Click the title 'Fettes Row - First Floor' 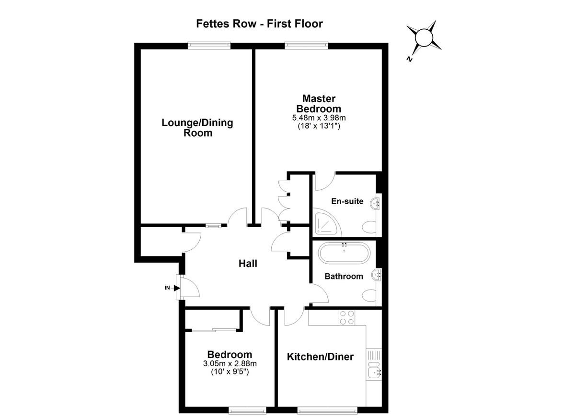[259, 24]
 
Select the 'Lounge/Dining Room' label [197, 128]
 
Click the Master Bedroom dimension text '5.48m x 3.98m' [319, 118]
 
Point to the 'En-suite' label [347, 201]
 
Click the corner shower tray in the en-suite [327, 222]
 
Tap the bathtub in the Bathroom [344, 253]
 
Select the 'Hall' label [248, 264]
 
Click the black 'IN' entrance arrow [177, 288]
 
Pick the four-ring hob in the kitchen [347, 318]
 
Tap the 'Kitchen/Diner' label [320, 357]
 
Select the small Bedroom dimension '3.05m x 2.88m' [230, 363]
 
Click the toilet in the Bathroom [369, 296]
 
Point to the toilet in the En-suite [369, 227]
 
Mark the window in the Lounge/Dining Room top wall [209, 46]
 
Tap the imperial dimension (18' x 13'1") [319, 126]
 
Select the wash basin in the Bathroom [377, 275]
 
